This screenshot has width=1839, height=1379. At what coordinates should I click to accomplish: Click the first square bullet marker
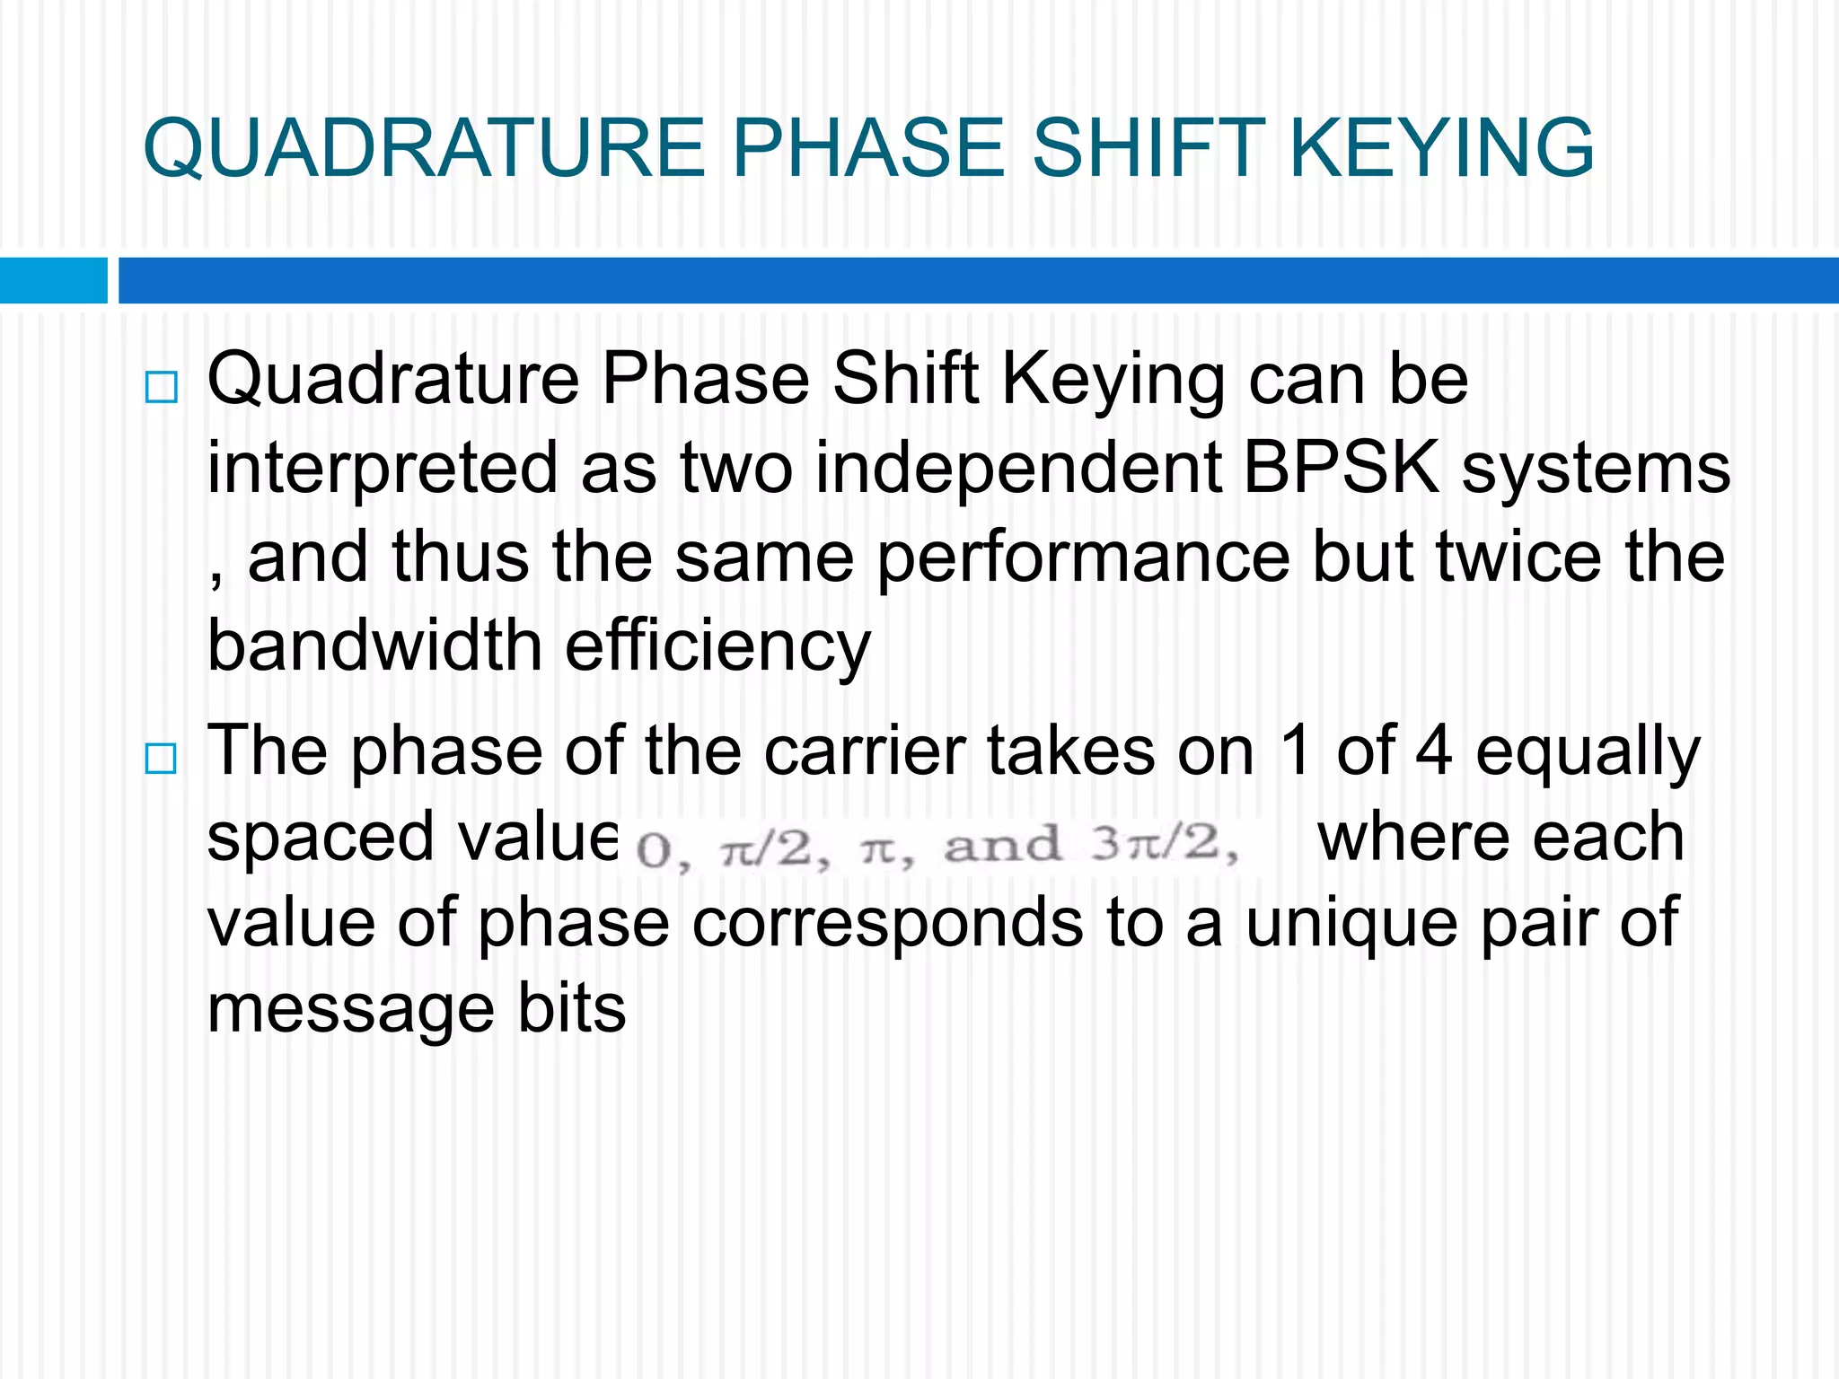pyautogui.click(x=162, y=388)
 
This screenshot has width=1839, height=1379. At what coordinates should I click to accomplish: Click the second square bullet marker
pyautogui.click(x=162, y=760)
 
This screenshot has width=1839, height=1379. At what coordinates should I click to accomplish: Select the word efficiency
pyautogui.click(x=718, y=646)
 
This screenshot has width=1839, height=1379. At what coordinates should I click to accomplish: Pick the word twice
pyautogui.click(x=1518, y=557)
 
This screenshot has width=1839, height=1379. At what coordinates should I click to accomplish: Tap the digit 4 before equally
pyautogui.click(x=1433, y=751)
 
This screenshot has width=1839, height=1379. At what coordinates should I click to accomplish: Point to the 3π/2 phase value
pyautogui.click(x=1163, y=845)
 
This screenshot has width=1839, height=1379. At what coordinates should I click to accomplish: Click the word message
pyautogui.click(x=350, y=1009)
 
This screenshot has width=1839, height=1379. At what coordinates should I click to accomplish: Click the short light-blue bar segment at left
pyautogui.click(x=53, y=280)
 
